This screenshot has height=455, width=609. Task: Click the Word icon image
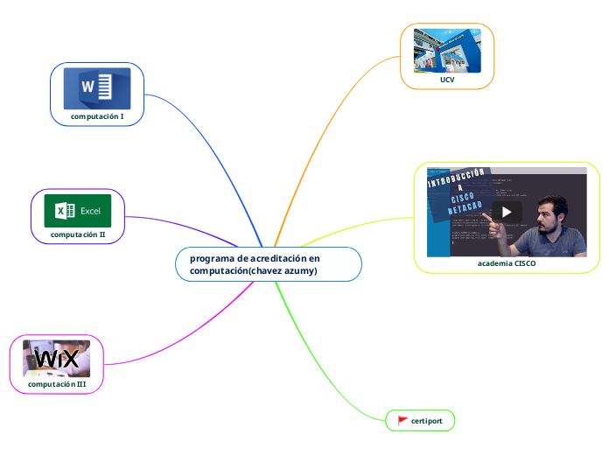(96, 87)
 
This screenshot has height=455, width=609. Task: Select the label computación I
(97, 115)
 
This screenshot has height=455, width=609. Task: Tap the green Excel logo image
(78, 210)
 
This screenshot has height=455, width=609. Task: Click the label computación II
(78, 234)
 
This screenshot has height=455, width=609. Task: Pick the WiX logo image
(57, 358)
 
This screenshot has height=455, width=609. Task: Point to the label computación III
(57, 384)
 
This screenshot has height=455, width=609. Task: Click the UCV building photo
(447, 51)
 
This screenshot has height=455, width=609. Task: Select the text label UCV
(447, 80)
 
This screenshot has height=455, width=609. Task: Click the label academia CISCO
(507, 262)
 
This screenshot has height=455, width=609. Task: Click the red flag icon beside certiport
(402, 421)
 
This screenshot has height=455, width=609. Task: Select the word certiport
(426, 421)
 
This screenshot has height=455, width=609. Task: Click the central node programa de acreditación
(255, 259)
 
